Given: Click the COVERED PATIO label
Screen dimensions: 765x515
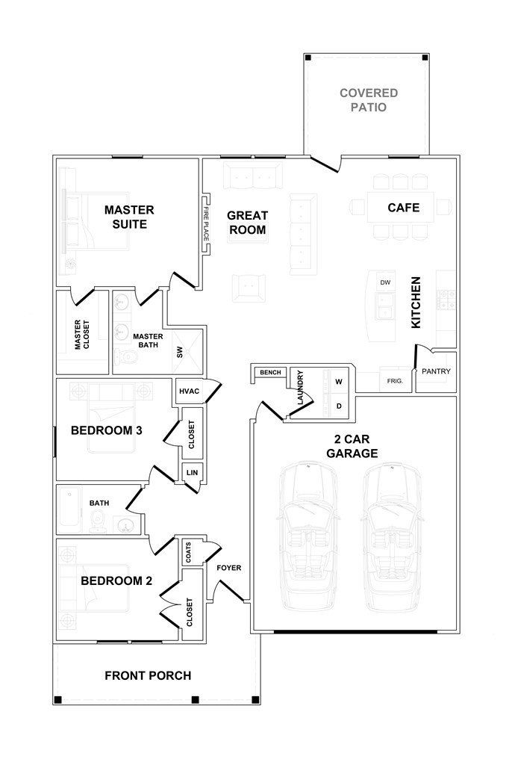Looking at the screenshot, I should click(x=368, y=100).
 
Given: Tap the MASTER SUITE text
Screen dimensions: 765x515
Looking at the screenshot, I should click(x=128, y=217).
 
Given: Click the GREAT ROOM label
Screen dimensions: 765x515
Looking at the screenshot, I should click(x=247, y=223).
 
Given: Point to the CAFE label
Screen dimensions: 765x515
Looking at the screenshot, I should click(x=403, y=208).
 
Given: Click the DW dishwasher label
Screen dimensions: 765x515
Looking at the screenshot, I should click(x=385, y=282).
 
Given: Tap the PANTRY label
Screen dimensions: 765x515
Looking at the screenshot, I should click(x=436, y=371).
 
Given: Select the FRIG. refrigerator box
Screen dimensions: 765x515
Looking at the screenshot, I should click(x=395, y=380).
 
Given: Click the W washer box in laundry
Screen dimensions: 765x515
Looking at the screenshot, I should click(x=339, y=382).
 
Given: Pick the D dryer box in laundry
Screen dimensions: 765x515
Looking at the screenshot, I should click(x=339, y=406).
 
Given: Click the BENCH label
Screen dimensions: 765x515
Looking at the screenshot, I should click(x=267, y=372).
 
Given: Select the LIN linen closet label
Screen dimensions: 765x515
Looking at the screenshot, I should click(x=191, y=472).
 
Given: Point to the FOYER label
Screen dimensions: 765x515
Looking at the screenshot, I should click(x=228, y=568).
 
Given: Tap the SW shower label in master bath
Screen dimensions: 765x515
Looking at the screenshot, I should click(x=180, y=353).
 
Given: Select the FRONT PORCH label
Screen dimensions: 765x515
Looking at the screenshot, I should click(x=148, y=676).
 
